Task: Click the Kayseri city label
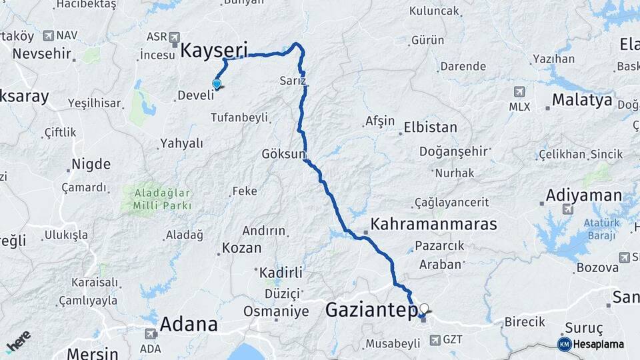pos(215,50)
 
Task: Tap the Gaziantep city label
pos(371,310)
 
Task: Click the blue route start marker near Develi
pos(216,83)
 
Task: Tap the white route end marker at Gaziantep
pos(423,308)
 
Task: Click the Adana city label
pos(189,325)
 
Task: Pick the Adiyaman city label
pos(583,196)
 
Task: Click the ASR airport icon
pos(175,37)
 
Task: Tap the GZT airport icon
pos(435,340)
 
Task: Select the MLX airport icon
pos(519,91)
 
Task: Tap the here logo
pos(18,342)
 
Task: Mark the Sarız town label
pos(293,81)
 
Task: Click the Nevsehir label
pos(41,53)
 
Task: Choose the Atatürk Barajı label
pos(601,228)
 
